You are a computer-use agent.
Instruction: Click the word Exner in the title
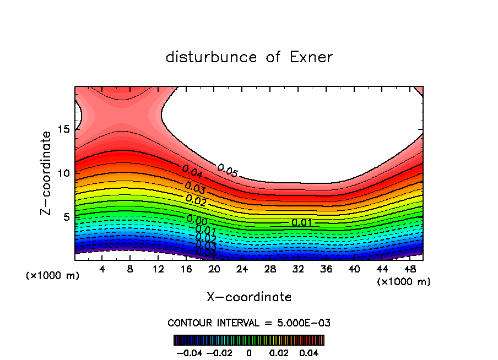(x=311, y=57)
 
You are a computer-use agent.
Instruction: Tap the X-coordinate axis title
(x=249, y=297)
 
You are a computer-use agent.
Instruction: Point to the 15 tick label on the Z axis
(x=63, y=129)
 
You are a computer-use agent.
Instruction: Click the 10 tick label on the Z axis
(x=63, y=173)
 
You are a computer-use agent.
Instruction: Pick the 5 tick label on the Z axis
(x=66, y=216)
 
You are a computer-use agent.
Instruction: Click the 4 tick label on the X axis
(x=102, y=269)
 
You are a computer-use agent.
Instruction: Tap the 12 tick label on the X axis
(x=158, y=269)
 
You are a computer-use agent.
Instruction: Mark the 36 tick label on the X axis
(x=326, y=269)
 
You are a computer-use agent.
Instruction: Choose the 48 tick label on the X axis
(x=409, y=269)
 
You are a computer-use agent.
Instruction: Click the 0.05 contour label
(x=227, y=171)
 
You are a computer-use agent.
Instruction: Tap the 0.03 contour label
(x=195, y=188)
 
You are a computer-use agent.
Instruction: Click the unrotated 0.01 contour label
(x=302, y=222)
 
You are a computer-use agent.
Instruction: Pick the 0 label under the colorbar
(x=249, y=352)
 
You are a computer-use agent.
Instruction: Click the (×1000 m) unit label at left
(x=53, y=275)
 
